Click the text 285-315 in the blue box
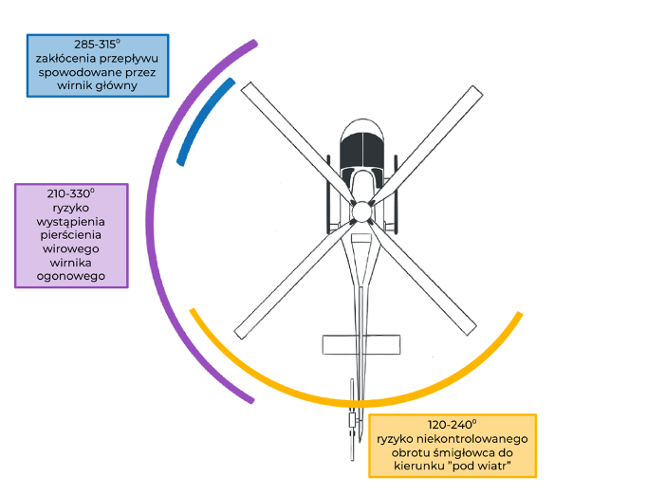coord(96,45)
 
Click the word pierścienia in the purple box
coord(71,233)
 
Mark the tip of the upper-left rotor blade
coord(249,90)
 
